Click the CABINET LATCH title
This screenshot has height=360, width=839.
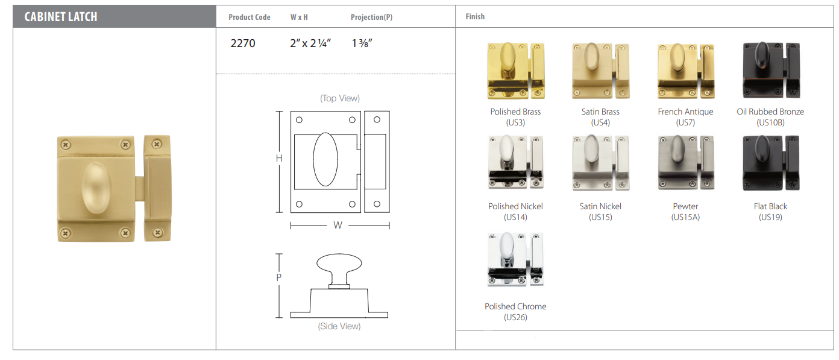61,17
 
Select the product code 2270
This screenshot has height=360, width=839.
243,43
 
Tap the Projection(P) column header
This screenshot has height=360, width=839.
371,17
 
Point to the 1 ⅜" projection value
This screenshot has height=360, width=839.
362,43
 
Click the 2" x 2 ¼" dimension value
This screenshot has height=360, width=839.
310,43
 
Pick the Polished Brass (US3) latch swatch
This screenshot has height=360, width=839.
516,71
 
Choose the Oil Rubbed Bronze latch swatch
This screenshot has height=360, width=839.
771,70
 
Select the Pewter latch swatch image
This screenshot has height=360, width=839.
686,163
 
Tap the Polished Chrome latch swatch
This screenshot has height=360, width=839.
515,259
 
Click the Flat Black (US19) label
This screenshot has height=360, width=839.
770,212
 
